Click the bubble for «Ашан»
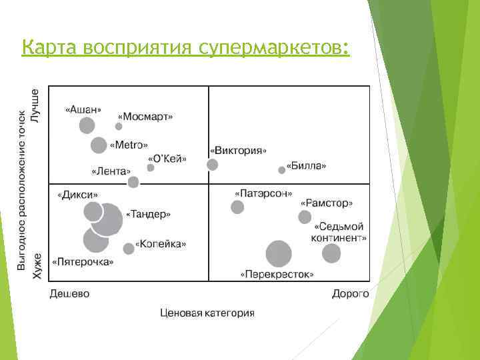click(87, 125)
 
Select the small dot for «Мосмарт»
click(119, 126)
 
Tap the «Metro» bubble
click(99, 145)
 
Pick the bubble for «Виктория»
click(212, 165)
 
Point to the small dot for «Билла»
click(281, 170)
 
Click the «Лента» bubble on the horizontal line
click(133, 182)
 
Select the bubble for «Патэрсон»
click(237, 207)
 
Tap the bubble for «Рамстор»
click(305, 217)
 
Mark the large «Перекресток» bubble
click(279, 254)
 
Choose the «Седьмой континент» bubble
click(331, 253)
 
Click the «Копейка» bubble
click(129, 249)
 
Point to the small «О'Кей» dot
click(151, 167)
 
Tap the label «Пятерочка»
click(84, 261)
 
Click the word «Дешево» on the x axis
click(69, 294)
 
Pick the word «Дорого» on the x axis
click(350, 294)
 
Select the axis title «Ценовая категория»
click(207, 312)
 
